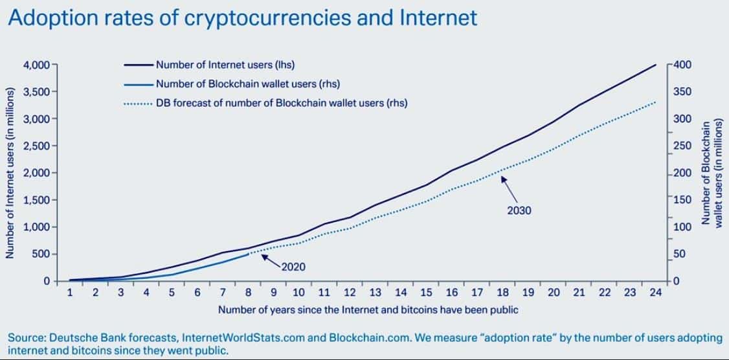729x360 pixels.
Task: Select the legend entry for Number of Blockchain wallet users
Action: click(x=247, y=84)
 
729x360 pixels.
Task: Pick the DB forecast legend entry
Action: click(x=281, y=103)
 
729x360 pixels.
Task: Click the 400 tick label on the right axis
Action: click(x=683, y=65)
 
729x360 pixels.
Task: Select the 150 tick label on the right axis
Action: click(x=683, y=200)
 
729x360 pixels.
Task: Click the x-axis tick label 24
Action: click(x=655, y=293)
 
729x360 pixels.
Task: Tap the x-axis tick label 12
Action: click(x=350, y=293)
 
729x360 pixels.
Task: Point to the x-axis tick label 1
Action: click(x=70, y=293)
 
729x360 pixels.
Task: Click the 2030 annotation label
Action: click(x=519, y=210)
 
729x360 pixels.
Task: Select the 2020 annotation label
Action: click(x=293, y=266)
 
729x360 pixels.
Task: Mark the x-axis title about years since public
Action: click(x=368, y=309)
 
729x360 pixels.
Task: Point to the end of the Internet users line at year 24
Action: click(x=656, y=65)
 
